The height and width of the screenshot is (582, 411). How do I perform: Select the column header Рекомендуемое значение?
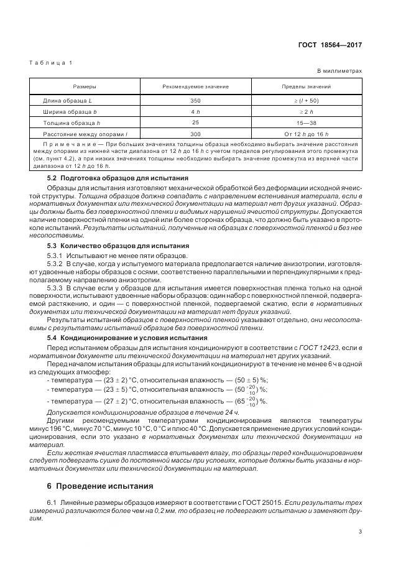pos(195,86)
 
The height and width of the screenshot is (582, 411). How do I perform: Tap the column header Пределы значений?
pos(307,86)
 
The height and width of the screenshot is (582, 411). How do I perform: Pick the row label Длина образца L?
pos(67,99)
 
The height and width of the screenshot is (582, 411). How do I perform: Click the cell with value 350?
pos(195,99)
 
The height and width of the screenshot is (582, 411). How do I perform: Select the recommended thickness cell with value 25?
pos(195,122)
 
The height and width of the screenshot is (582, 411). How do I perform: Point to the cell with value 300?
pos(195,134)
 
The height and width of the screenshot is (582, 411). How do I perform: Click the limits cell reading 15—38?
pos(307,122)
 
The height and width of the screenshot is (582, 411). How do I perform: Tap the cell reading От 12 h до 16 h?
pos(307,134)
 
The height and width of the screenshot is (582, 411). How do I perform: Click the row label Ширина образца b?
pos(68,111)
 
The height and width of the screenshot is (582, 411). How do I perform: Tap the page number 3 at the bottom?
pos(360,531)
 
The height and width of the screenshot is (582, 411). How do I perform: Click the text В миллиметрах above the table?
pos(339,71)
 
